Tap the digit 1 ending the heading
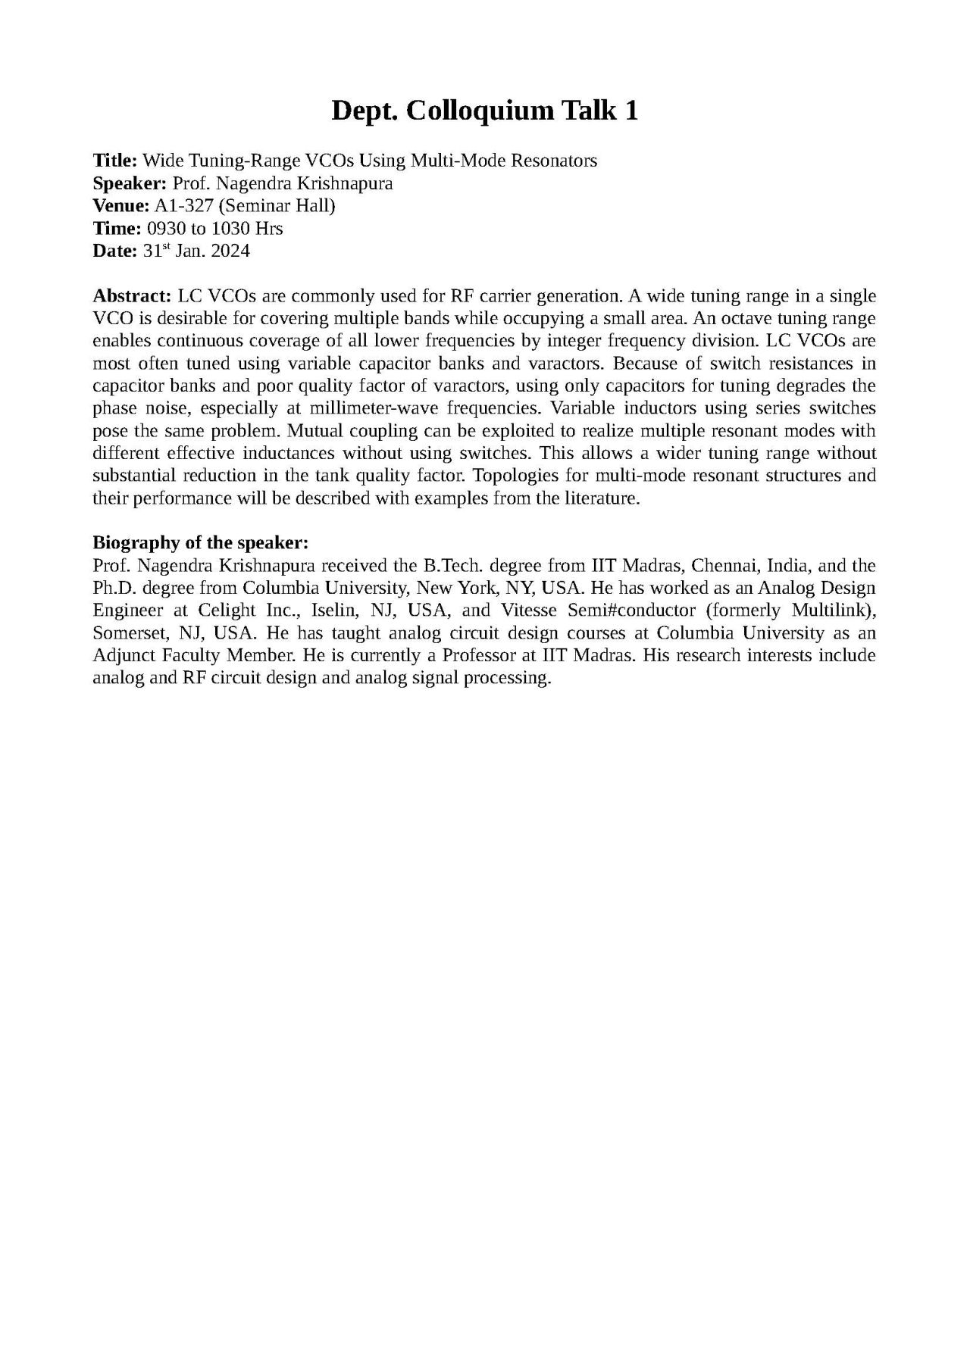coord(630,111)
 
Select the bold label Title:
coord(114,161)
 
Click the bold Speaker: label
coord(130,183)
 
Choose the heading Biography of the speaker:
coord(200,542)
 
